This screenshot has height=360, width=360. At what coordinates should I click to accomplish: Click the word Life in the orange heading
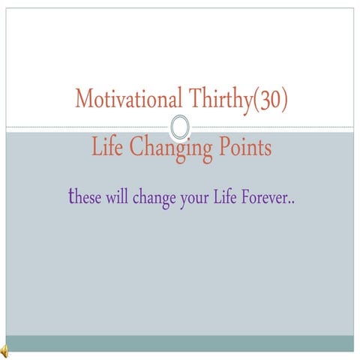click(108, 148)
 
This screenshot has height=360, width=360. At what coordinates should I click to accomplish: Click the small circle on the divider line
click(180, 127)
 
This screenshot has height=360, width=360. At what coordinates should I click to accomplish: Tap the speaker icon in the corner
click(4, 349)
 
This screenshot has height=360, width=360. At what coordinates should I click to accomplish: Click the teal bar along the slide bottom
click(180, 343)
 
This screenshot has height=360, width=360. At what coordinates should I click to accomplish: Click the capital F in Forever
click(247, 199)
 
